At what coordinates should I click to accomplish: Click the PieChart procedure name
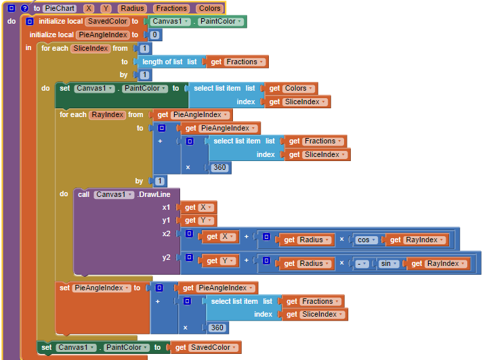pos(59,8)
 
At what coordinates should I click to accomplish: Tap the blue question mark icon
pos(24,8)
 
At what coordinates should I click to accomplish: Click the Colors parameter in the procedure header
pos(209,8)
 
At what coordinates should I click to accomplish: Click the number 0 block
pos(155,35)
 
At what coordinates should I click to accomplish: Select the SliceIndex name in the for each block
pos(90,48)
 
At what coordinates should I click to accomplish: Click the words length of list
pos(163,62)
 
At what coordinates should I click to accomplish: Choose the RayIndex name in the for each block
pos(107,114)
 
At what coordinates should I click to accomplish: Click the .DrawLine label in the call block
pos(154,194)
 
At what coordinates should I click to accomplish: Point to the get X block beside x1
pos(196,208)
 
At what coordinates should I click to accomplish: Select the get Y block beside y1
pos(196,221)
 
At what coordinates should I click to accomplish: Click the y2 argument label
pos(166,257)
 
